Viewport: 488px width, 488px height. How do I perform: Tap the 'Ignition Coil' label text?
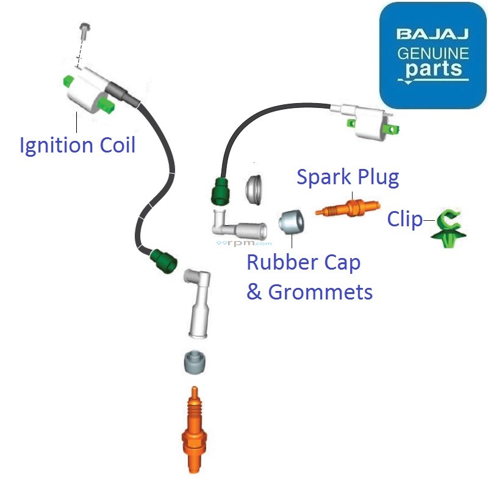coord(77,146)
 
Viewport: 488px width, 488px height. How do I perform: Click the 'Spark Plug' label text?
coord(348,177)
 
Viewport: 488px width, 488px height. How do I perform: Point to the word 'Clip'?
coord(404,219)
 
